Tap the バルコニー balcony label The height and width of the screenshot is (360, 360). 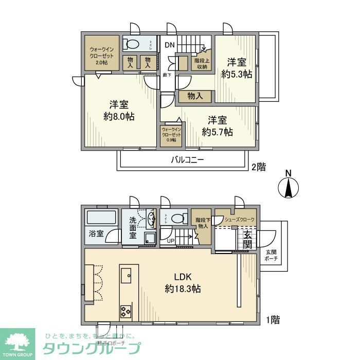point(188,160)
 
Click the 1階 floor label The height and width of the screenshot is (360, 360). point(273,320)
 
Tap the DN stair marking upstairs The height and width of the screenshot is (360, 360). point(170,45)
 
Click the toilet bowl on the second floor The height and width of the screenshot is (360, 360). point(133,44)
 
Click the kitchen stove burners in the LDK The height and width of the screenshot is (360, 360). point(125,310)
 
